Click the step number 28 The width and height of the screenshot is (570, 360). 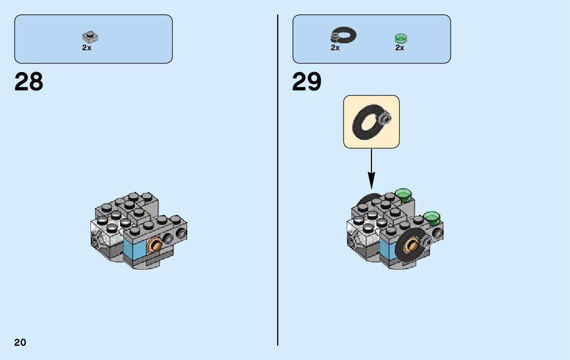(29, 81)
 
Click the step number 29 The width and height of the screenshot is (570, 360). (307, 81)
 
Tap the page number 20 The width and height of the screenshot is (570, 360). (20, 342)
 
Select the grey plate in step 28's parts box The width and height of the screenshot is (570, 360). (90, 37)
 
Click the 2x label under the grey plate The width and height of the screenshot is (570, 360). (87, 48)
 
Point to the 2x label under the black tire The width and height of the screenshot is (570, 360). (335, 48)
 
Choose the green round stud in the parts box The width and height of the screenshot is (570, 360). (401, 38)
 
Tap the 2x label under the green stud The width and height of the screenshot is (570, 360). (399, 48)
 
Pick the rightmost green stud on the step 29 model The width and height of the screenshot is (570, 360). (432, 217)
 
